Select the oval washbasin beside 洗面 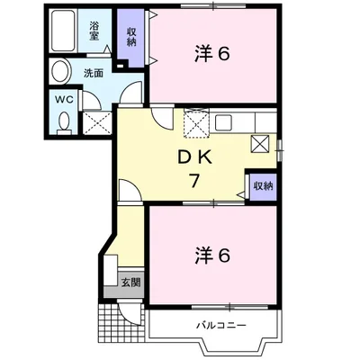[x=61, y=71]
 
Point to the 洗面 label [x=94, y=73]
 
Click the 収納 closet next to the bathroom [x=130, y=37]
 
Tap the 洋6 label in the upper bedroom [x=212, y=54]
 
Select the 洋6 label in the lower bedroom [x=212, y=255]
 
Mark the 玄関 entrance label [x=131, y=282]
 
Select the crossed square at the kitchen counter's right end [x=262, y=141]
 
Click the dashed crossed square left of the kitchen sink [x=195, y=124]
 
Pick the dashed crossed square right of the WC [x=96, y=122]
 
